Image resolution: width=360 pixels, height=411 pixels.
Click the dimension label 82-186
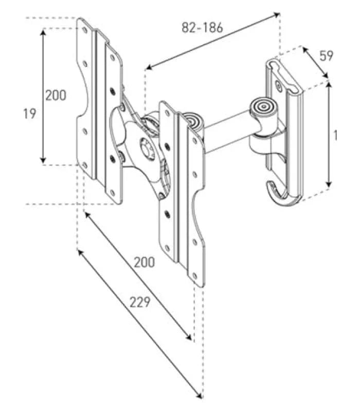[202, 27]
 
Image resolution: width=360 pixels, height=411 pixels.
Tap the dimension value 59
[326, 55]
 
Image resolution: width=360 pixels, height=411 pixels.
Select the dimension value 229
[140, 302]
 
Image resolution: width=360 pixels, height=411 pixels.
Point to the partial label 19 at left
[29, 114]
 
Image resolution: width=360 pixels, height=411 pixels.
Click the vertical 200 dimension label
[56, 95]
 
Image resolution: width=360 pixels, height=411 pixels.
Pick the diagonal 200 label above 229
[145, 262]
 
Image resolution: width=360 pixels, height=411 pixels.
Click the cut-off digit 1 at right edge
[335, 135]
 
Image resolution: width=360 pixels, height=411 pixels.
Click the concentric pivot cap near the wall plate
[263, 107]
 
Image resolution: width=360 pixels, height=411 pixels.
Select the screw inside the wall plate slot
[278, 85]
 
